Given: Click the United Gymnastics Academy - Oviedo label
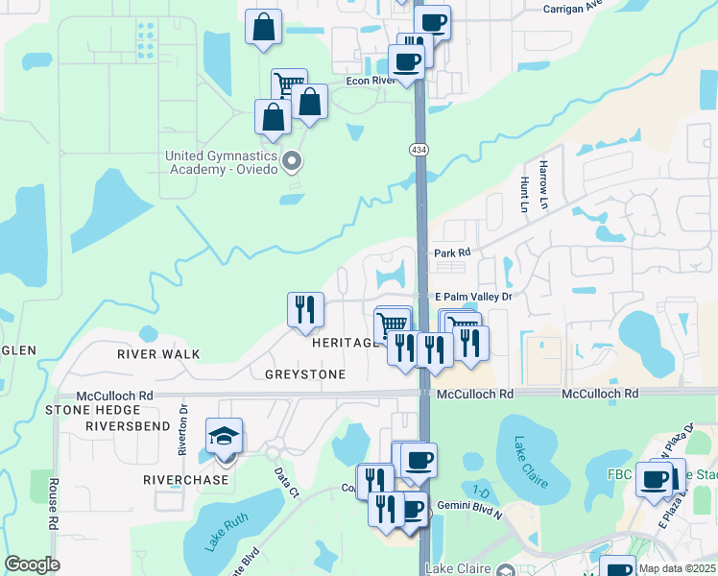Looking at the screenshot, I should [x=222, y=162].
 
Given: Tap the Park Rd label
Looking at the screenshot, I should [x=452, y=252].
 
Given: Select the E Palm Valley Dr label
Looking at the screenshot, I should [x=474, y=298].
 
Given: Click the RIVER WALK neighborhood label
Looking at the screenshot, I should [x=158, y=354].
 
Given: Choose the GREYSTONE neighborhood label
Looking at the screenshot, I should [x=305, y=374].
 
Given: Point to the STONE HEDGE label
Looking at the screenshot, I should [x=85, y=410].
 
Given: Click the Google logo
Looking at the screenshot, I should [x=32, y=564].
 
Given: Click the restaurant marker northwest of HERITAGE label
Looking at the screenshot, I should [x=305, y=310].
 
